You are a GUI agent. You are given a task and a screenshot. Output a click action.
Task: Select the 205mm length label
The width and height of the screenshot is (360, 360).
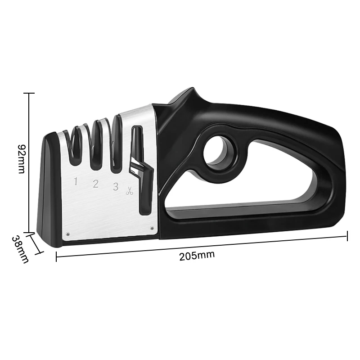197,256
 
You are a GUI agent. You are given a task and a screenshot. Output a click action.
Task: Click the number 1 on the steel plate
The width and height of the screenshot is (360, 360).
76,182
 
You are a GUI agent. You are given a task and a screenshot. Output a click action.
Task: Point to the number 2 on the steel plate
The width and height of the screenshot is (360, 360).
95,184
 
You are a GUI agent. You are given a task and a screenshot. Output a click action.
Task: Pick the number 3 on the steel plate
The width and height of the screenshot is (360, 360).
116,186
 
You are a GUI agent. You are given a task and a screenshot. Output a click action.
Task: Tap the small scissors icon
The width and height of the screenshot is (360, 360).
130,190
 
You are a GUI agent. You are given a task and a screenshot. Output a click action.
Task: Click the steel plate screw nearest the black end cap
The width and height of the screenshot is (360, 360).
67,234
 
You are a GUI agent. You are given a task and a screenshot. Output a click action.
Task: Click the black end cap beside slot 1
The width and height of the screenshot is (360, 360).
49,193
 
